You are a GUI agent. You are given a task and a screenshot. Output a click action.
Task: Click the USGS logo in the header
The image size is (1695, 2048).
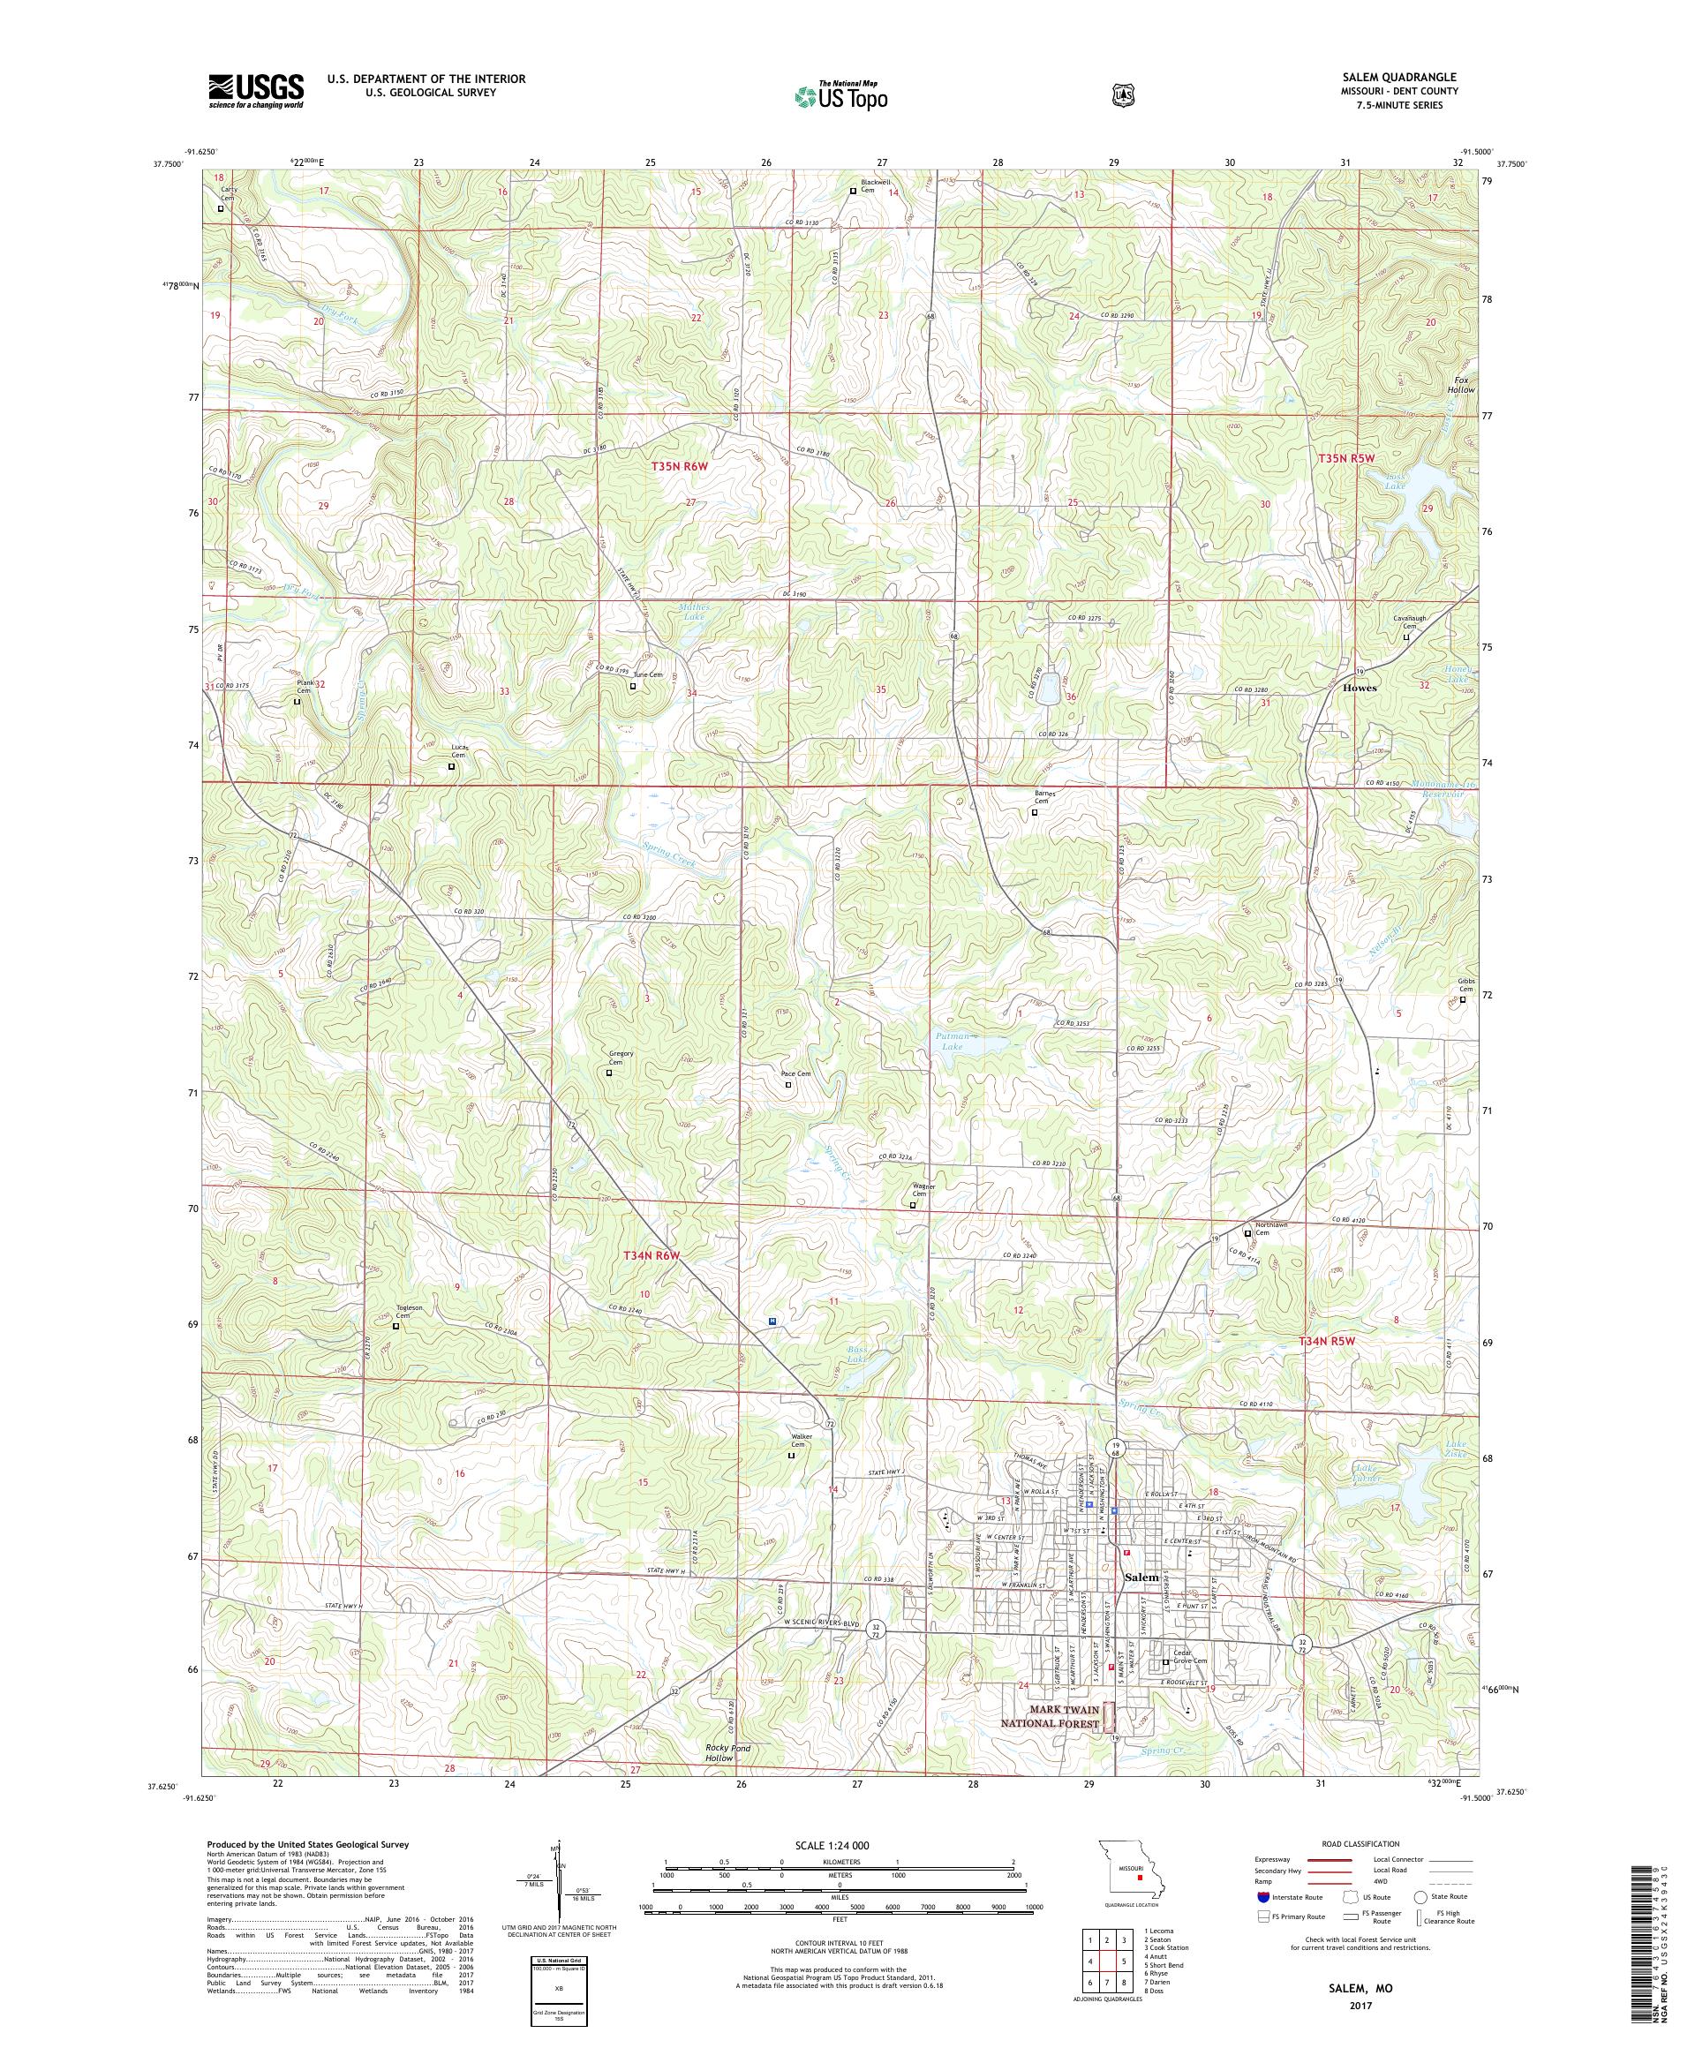pyautogui.click(x=255, y=92)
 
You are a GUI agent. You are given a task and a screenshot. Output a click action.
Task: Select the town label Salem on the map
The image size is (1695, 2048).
pyautogui.click(x=1141, y=1577)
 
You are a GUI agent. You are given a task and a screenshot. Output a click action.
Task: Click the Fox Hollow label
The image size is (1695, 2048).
pyautogui.click(x=1460, y=384)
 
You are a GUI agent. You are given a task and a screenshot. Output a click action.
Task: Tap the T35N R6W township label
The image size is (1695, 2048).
pyautogui.click(x=679, y=467)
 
